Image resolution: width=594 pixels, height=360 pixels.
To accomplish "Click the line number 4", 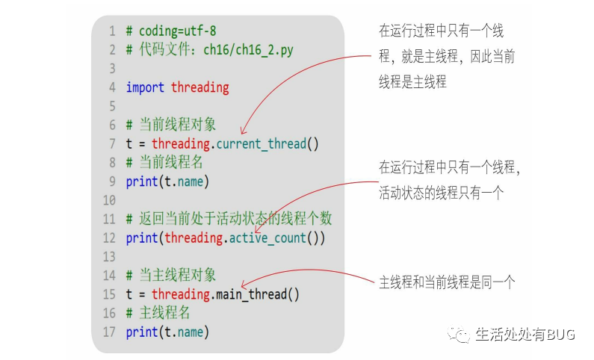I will (111, 87).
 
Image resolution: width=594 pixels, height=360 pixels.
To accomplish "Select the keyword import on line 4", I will (146, 87).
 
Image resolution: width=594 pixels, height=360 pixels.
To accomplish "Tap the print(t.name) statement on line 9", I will (167, 181).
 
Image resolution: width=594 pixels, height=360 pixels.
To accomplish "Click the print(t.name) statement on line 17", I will (167, 332).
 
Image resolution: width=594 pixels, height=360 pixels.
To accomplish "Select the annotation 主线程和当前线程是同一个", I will (447, 282).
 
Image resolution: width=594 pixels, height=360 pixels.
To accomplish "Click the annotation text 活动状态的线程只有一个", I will (442, 192).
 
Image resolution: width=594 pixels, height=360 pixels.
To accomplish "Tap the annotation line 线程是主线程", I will (412, 82).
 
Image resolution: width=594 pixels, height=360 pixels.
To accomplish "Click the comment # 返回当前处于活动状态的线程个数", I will (229, 219).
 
